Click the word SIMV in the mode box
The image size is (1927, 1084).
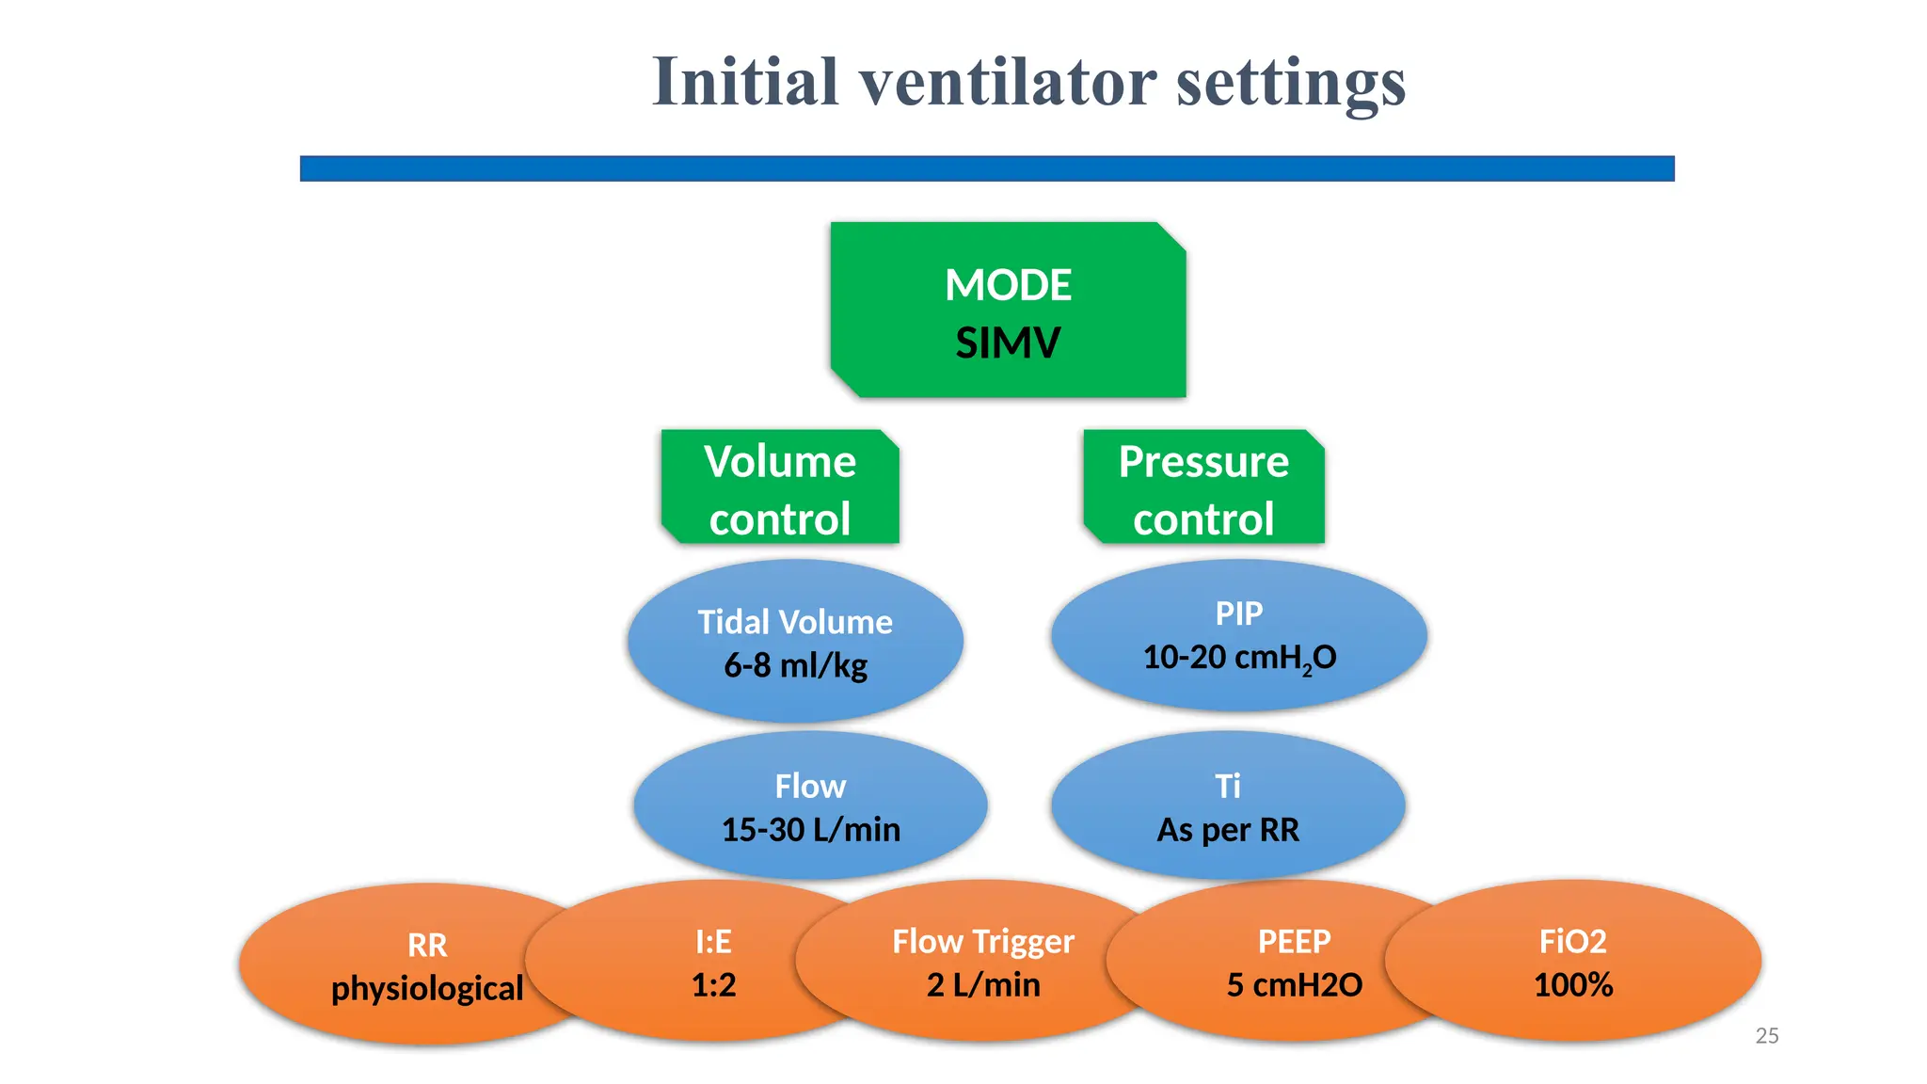(x=1008, y=343)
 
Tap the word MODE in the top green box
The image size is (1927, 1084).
(x=1008, y=285)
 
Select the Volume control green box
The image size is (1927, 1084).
(x=780, y=489)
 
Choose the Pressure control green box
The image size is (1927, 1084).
(x=1203, y=489)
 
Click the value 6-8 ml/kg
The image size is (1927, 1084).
(x=795, y=665)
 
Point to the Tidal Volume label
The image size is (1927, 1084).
(x=795, y=622)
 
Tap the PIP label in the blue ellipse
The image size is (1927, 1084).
(x=1238, y=614)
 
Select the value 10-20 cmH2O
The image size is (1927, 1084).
(x=1238, y=658)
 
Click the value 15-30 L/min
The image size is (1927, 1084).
(x=810, y=830)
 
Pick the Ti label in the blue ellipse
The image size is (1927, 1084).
(x=1227, y=786)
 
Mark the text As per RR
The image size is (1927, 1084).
(x=1227, y=830)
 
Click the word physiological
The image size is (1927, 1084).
(x=427, y=988)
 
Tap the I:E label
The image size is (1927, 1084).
(x=713, y=941)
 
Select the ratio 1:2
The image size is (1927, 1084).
(x=713, y=985)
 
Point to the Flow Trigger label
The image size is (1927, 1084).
(x=983, y=941)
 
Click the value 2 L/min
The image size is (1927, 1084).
(x=983, y=985)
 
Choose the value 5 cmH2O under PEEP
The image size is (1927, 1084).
(x=1294, y=985)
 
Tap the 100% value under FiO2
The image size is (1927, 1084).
(x=1573, y=985)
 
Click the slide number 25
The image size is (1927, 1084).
(x=1766, y=1036)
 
